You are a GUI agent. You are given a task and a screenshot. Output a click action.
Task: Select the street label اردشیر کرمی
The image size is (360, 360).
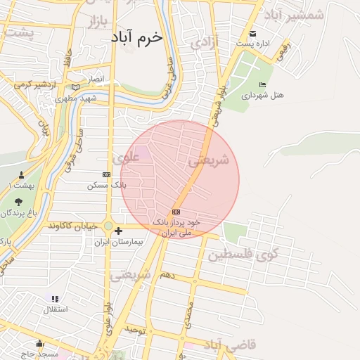click(35, 85)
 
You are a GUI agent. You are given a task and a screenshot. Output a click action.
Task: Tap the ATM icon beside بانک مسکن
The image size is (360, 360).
click(106, 174)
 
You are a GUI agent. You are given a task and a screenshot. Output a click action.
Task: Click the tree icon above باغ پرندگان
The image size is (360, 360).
click(18, 202)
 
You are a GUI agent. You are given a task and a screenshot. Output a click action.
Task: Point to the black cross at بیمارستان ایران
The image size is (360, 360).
click(118, 231)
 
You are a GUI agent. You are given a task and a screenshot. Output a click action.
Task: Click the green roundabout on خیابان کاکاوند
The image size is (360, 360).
click(108, 226)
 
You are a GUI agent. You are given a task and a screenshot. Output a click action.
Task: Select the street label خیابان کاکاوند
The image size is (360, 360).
click(73, 227)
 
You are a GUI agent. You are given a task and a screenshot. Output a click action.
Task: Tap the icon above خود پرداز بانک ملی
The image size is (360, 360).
click(176, 212)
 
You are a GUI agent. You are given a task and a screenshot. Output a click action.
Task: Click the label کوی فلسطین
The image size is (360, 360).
click(243, 255)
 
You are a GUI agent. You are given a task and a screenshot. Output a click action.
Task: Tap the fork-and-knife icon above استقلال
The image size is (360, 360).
click(55, 299)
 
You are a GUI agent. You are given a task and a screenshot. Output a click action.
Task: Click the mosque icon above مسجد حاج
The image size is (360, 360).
click(40, 343)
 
